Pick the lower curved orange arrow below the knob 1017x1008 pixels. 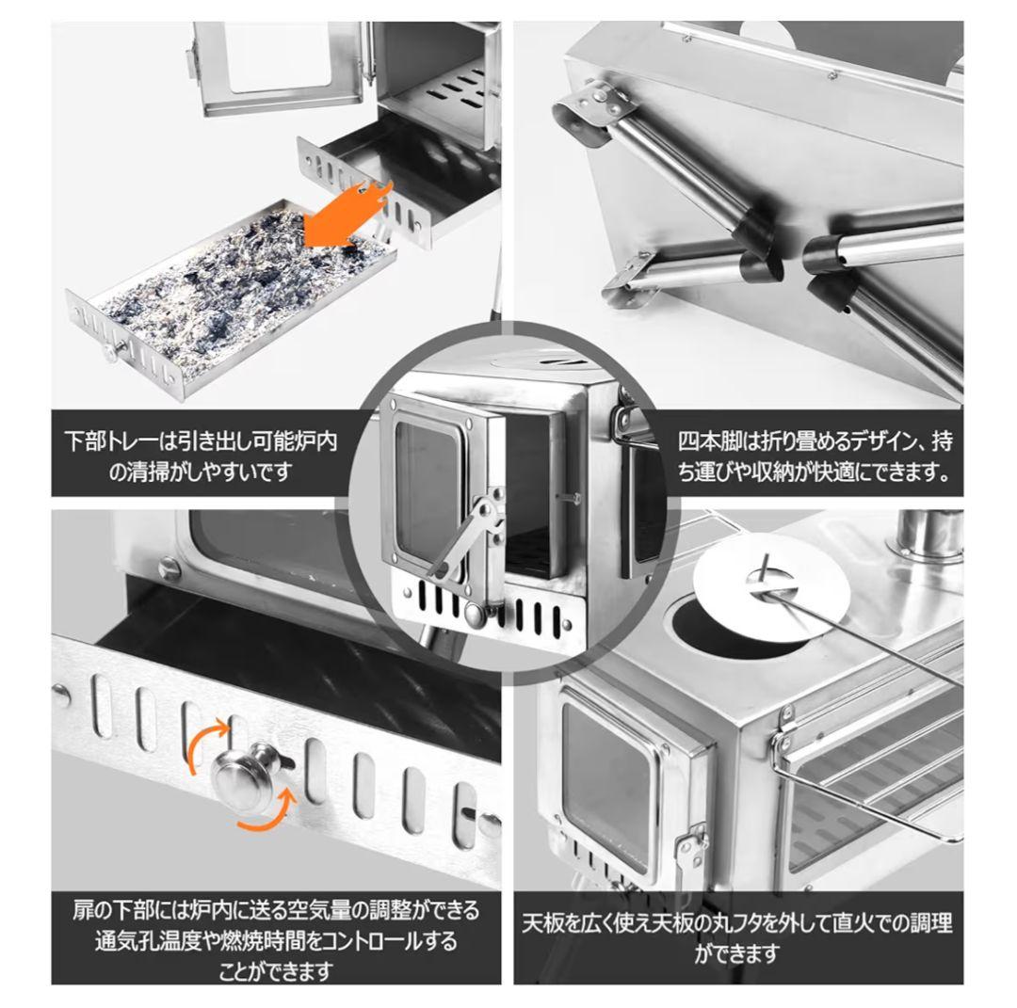point(272,808)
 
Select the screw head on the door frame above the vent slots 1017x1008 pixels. point(169,568)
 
